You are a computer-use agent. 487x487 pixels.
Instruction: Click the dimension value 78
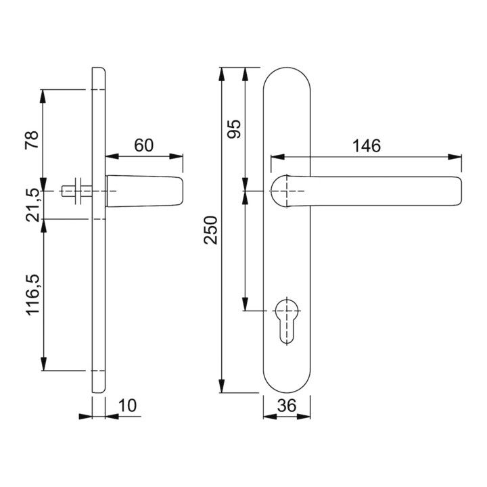tap(32, 139)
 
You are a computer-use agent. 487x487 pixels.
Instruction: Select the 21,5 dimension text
tap(32, 205)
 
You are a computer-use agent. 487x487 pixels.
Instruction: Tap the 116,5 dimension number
tap(33, 295)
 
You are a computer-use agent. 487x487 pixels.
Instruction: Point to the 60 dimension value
tap(144, 145)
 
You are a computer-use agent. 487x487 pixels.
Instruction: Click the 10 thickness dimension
tap(127, 405)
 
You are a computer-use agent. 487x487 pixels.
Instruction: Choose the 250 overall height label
tap(210, 230)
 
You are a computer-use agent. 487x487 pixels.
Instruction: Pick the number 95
tap(234, 129)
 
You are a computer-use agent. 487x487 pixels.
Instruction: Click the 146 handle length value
tap(367, 145)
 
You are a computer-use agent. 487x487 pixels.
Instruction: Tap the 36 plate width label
tap(287, 405)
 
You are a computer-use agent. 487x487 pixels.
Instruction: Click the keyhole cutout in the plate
tap(286, 321)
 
